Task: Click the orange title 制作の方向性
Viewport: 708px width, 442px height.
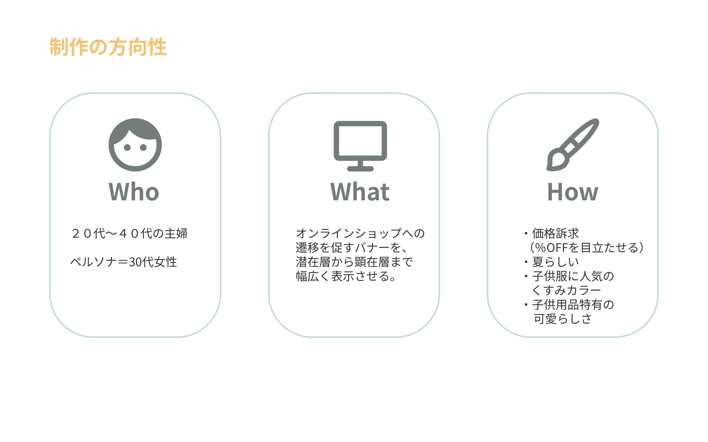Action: click(108, 47)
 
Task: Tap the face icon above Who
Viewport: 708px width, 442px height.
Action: click(135, 145)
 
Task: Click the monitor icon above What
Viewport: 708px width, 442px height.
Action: click(360, 146)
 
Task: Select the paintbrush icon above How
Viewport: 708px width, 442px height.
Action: click(573, 145)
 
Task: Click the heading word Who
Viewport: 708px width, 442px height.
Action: click(134, 192)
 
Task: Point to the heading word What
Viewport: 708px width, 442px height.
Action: click(360, 192)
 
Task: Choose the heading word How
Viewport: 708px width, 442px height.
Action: click(573, 192)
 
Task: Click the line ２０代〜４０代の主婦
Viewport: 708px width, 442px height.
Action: click(129, 233)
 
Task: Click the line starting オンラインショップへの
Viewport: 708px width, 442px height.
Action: click(360, 233)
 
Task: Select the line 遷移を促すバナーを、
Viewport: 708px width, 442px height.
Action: click(351, 248)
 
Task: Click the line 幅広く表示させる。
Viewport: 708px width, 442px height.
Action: click(345, 276)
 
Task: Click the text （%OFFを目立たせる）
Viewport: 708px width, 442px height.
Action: click(587, 248)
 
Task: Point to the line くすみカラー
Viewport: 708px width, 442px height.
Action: click(566, 290)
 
